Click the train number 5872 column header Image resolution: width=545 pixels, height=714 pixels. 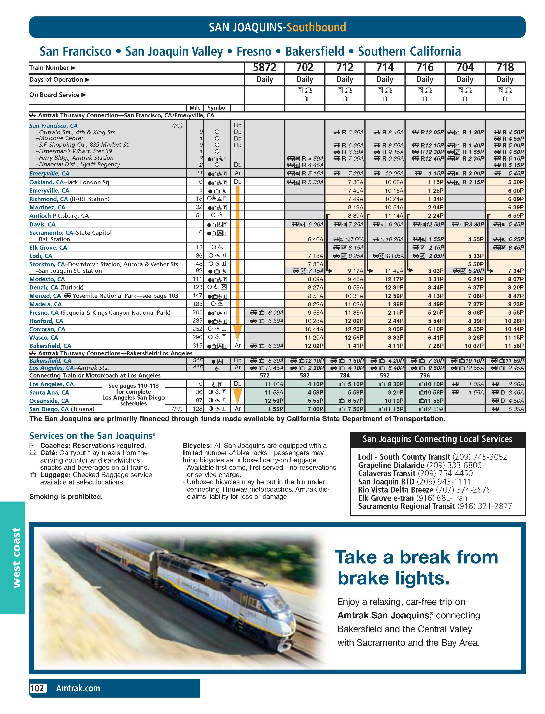(x=264, y=67)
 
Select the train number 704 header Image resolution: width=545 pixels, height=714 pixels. (x=465, y=67)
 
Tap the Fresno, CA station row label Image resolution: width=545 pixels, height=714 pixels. (x=44, y=312)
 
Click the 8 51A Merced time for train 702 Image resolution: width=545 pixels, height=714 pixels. (x=315, y=296)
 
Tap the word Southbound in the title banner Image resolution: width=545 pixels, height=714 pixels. (x=316, y=27)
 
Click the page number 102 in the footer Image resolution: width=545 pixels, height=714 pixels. (x=37, y=688)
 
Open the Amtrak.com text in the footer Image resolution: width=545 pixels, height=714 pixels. (x=78, y=688)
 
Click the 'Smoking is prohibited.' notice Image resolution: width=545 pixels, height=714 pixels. (x=66, y=496)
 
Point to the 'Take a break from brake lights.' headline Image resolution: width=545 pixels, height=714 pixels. (x=416, y=567)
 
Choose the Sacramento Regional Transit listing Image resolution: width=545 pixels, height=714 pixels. (x=435, y=506)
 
